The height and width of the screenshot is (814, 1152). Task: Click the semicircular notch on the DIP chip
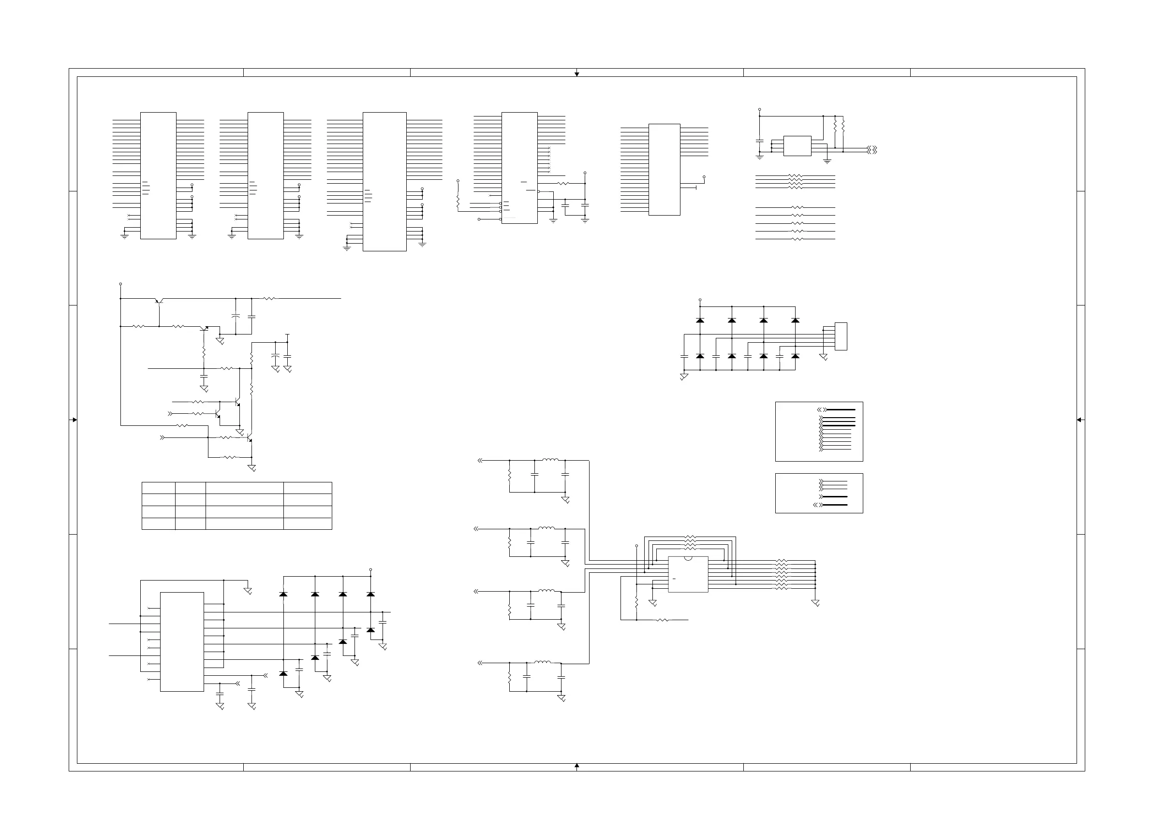(688, 558)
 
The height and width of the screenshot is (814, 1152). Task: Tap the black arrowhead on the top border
(577, 74)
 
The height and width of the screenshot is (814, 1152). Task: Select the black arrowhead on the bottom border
(577, 766)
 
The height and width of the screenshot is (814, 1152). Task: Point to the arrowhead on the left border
(74, 420)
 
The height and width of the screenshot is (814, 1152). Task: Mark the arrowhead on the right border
(1079, 420)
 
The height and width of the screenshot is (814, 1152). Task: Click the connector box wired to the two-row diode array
(841, 336)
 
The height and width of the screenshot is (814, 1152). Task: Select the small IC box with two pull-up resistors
(798, 146)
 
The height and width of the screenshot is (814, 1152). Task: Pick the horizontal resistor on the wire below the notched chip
(662, 620)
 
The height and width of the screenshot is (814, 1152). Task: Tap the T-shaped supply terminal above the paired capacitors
(287, 334)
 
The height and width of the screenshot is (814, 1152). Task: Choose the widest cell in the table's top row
(244, 488)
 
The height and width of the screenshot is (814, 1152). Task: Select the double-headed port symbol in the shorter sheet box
(817, 505)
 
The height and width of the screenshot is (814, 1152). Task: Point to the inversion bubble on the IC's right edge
(539, 191)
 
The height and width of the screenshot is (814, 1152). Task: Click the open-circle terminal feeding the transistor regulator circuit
(121, 284)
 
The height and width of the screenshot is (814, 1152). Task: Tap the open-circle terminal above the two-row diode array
(700, 300)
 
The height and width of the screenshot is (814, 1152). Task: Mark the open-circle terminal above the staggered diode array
(371, 570)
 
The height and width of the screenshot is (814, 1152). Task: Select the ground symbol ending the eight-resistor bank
(815, 603)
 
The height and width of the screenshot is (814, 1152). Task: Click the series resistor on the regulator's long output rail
(269, 298)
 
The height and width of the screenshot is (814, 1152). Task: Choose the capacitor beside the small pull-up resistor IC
(760, 142)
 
